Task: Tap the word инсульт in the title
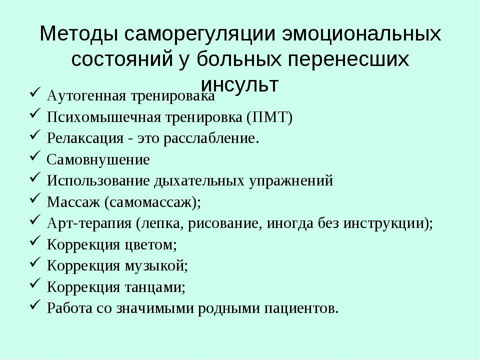tap(239, 84)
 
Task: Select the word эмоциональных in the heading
tap(361, 33)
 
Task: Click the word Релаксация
tap(85, 138)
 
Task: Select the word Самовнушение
tap(98, 159)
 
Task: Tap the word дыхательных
tap(199, 180)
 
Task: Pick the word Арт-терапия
tap(89, 223)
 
